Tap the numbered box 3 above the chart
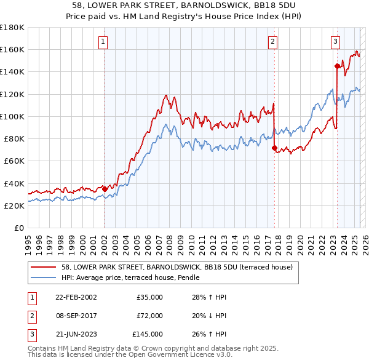pyautogui.click(x=335, y=42)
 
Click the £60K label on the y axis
pyautogui.click(x=14, y=161)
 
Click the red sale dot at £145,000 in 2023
pyautogui.click(x=337, y=66)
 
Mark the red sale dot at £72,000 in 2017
pyautogui.click(x=274, y=148)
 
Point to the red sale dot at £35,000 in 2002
pyautogui.click(x=105, y=189)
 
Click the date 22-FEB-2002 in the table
pyautogui.click(x=76, y=297)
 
